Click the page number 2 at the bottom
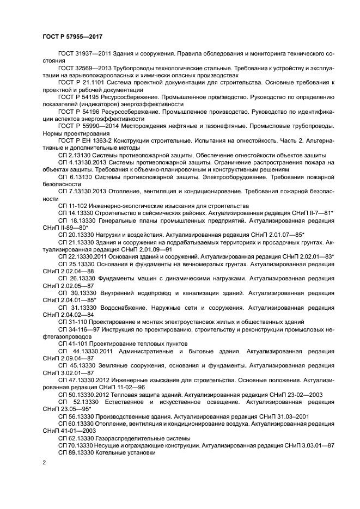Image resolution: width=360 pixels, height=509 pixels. pyautogui.click(x=44, y=462)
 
